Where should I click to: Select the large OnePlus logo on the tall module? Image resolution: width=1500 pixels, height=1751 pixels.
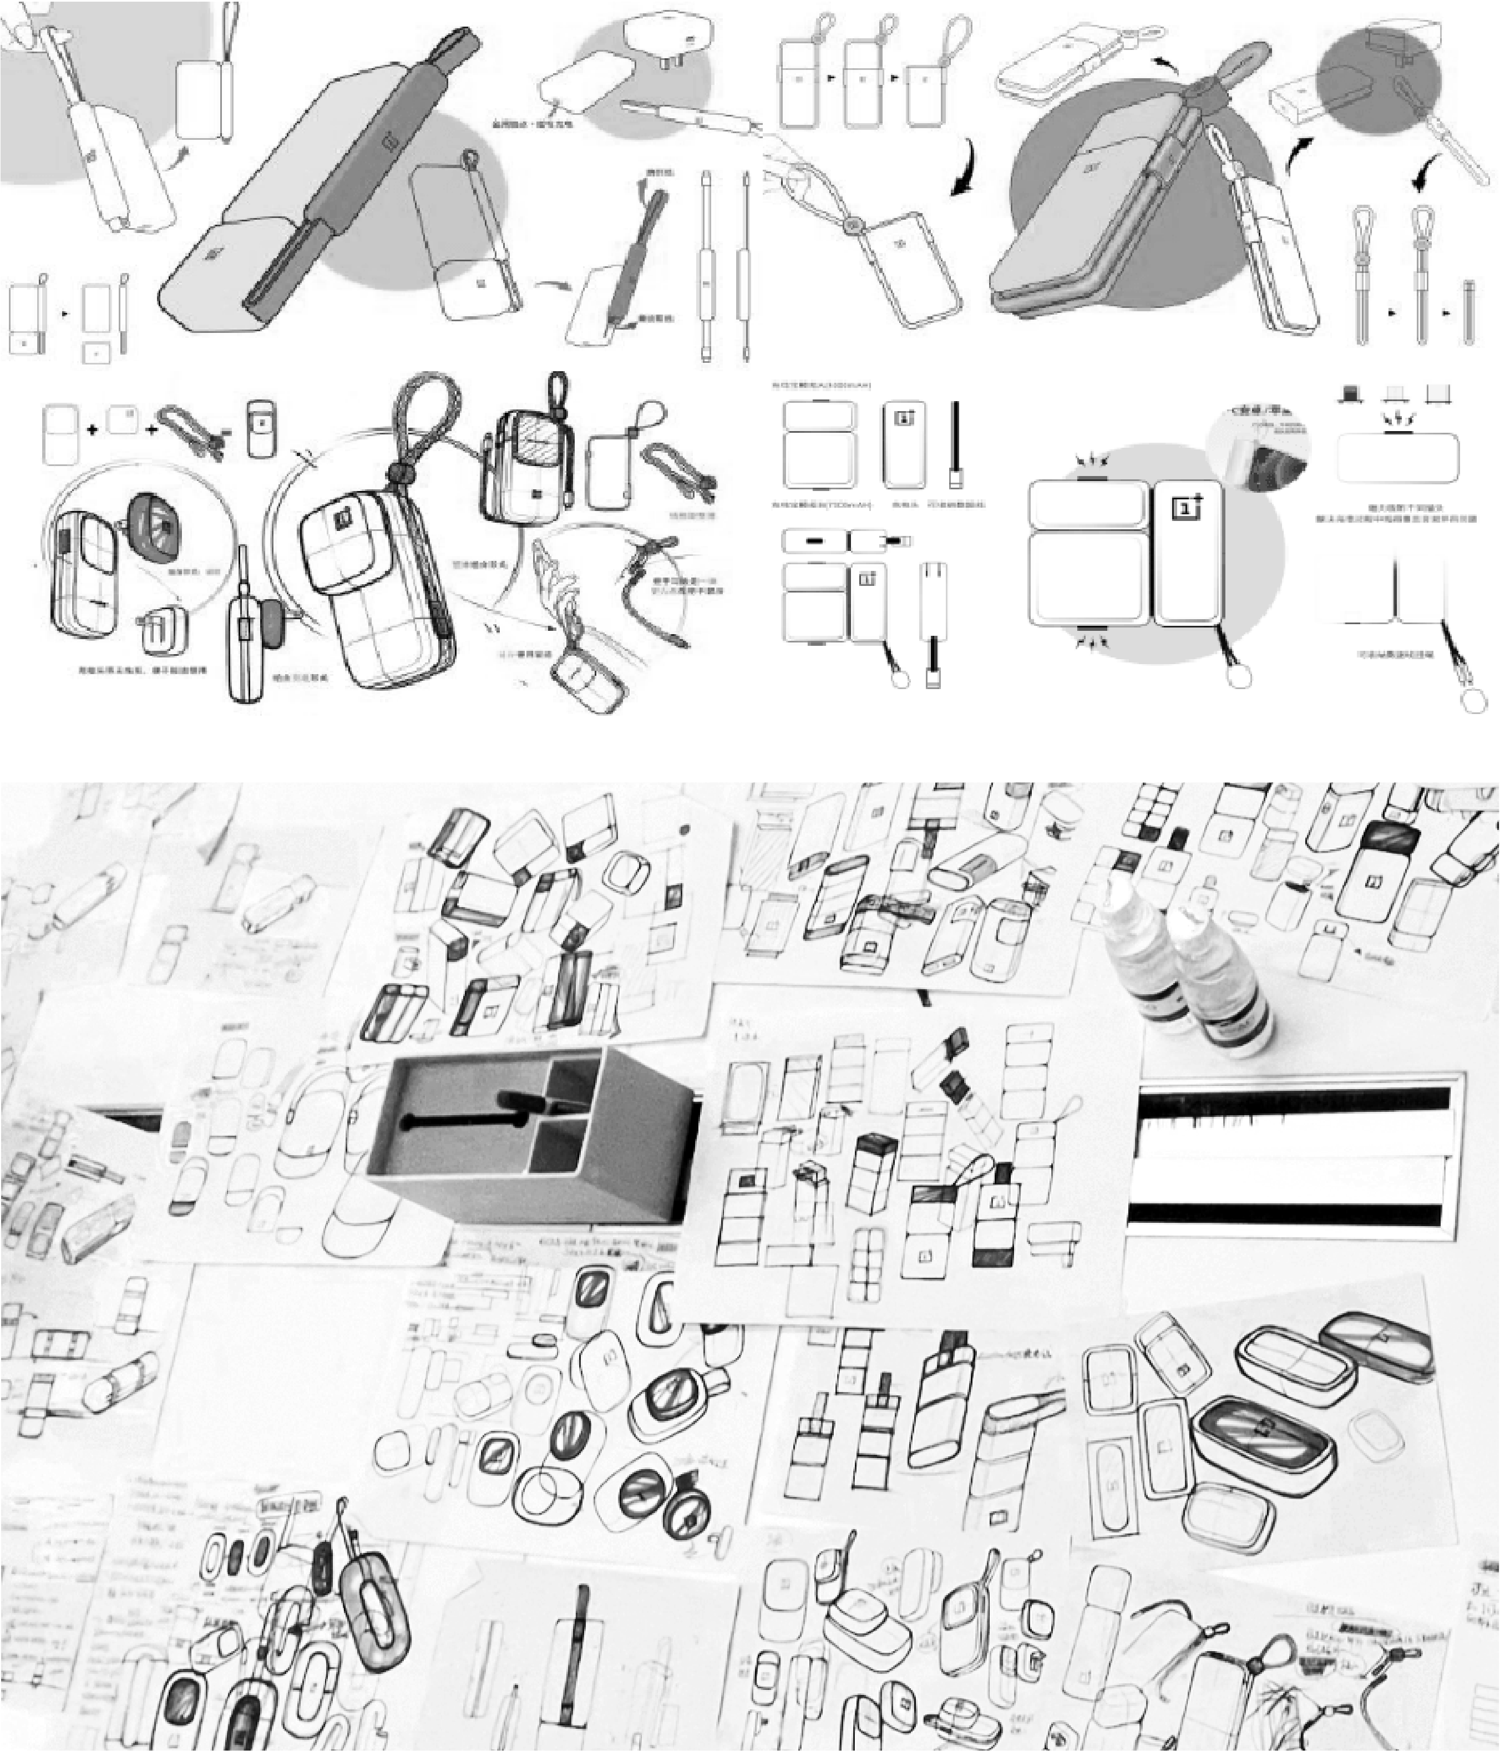point(1185,508)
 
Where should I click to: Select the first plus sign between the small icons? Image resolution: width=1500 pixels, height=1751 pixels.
point(92,429)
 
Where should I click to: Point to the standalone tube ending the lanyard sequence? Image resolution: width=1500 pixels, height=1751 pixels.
point(1469,313)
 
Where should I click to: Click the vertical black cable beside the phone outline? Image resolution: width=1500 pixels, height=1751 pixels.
point(955,444)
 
